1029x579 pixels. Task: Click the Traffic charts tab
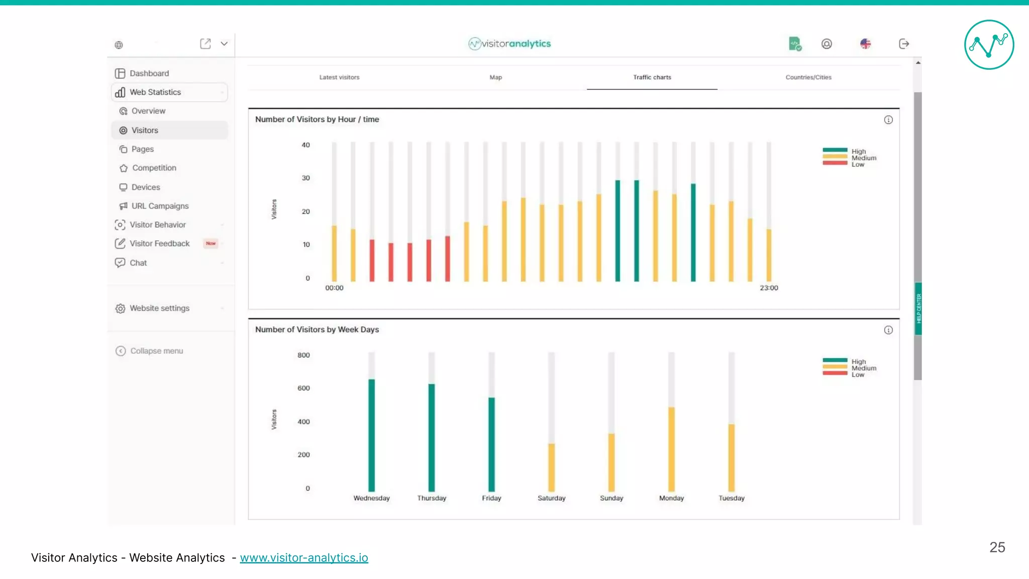click(652, 77)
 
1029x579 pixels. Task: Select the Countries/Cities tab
click(808, 77)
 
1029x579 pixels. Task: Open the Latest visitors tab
click(339, 77)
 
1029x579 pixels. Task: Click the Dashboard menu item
click(149, 73)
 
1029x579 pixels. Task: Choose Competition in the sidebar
click(154, 168)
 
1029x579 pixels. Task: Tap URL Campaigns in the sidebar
click(160, 206)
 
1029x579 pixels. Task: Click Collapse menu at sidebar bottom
click(156, 351)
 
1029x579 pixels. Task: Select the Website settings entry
click(159, 308)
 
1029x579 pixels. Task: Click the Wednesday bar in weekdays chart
click(371, 435)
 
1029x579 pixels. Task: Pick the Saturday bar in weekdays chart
click(551, 467)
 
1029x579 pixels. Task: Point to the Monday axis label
click(671, 498)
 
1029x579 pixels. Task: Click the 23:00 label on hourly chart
click(768, 288)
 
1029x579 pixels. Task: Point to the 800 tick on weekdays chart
click(303, 355)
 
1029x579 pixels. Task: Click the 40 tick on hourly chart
click(305, 145)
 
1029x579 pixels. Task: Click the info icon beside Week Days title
click(888, 330)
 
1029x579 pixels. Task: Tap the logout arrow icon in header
click(903, 44)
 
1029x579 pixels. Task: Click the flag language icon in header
click(865, 44)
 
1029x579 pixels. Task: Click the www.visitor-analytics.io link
click(303, 558)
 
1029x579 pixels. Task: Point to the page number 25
click(997, 547)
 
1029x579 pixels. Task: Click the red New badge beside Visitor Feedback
click(211, 243)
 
